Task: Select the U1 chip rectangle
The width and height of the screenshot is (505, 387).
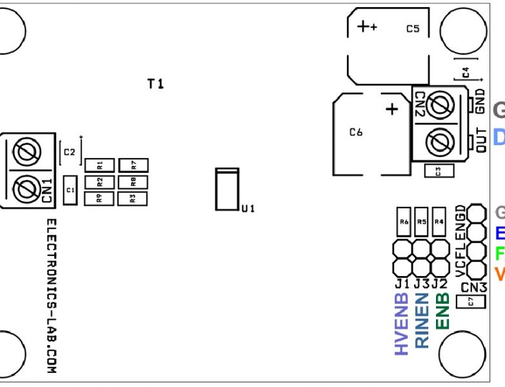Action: point(227,190)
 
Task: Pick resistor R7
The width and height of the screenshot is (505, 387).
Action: point(134,165)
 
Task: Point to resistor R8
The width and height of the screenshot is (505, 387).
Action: point(134,182)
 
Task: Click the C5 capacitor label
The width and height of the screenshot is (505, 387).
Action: point(413,29)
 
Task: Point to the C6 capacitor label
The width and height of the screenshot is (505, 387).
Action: point(356,132)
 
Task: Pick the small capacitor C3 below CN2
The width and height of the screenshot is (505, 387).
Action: point(439,171)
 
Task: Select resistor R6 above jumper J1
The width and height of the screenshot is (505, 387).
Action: point(404,222)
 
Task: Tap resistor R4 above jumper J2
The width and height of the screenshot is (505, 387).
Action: point(439,222)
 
